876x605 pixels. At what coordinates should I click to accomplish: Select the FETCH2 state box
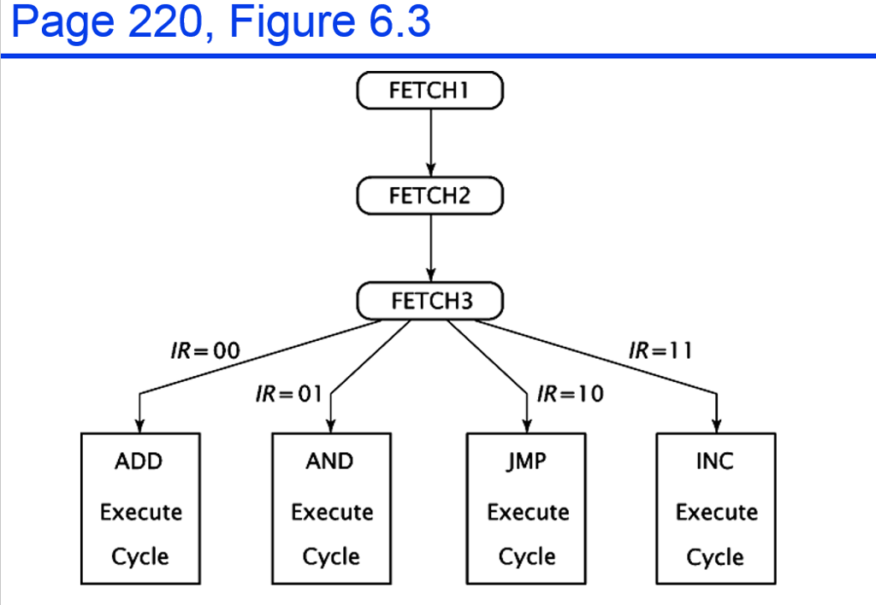coord(429,196)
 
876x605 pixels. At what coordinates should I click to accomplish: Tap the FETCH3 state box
coord(429,301)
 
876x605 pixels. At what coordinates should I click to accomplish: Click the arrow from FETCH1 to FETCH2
coord(430,141)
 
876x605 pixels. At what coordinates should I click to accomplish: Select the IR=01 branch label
coord(288,394)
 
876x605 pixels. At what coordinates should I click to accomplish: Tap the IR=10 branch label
coord(570,394)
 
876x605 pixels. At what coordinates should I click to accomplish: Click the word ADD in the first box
coord(139,461)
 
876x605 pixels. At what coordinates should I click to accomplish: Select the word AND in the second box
coord(329,461)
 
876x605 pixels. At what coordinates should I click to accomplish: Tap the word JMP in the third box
coord(526,461)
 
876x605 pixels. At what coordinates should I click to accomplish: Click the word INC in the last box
coord(715,461)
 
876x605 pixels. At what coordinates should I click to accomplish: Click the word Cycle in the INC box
coord(715,557)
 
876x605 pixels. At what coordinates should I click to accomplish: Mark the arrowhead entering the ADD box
coord(139,425)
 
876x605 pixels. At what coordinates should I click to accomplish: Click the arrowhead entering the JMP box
coord(526,425)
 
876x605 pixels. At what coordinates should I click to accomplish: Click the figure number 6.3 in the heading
coord(400,24)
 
